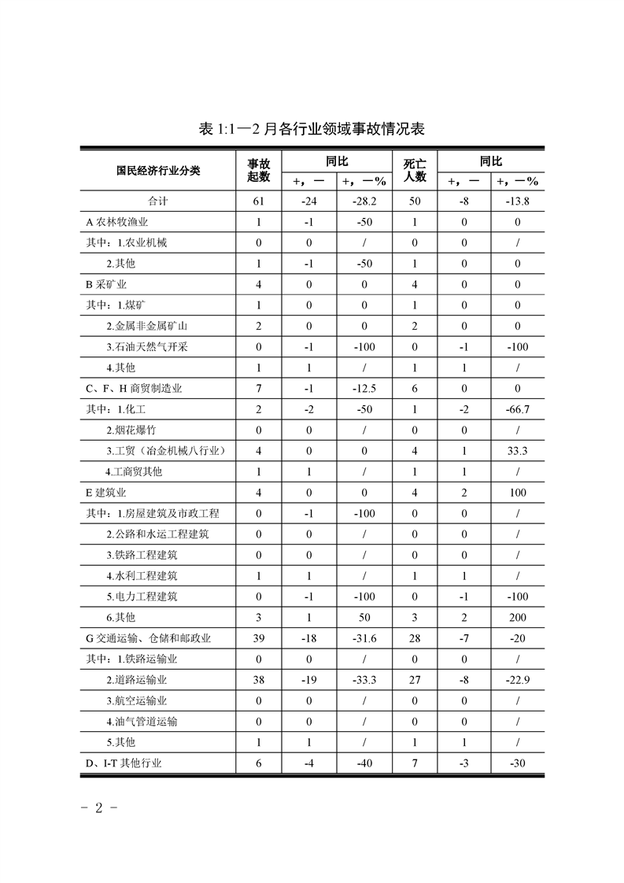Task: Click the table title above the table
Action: pos(312,128)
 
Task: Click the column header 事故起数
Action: pos(259,170)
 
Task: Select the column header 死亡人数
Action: pos(415,170)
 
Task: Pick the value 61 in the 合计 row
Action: pos(259,201)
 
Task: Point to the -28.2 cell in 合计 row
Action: pos(363,201)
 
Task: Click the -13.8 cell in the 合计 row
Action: pos(518,201)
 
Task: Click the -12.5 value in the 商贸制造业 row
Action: pos(363,389)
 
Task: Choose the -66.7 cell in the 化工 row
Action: pos(518,409)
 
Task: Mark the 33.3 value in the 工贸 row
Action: pos(518,451)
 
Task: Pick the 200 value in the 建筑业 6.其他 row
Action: pos(518,618)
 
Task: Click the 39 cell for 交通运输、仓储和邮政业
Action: pos(259,638)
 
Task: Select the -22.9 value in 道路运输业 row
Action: pos(518,680)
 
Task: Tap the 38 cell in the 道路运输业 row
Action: pos(259,680)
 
